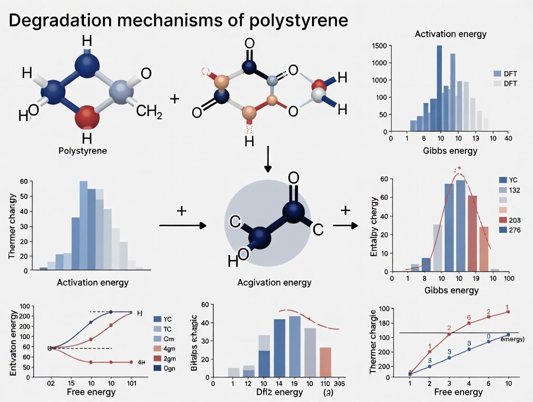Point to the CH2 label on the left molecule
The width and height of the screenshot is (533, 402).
pyautogui.click(x=149, y=113)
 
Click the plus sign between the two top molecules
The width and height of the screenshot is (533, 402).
pyautogui.click(x=174, y=99)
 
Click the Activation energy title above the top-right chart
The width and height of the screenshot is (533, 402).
pyautogui.click(x=450, y=34)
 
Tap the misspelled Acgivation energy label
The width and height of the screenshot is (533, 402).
pyautogui.click(x=274, y=282)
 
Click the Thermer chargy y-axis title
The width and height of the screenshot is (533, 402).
pyautogui.click(x=13, y=226)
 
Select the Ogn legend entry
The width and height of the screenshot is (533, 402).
pyautogui.click(x=164, y=368)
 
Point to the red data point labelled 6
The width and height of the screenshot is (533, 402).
pyautogui.click(x=468, y=323)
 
